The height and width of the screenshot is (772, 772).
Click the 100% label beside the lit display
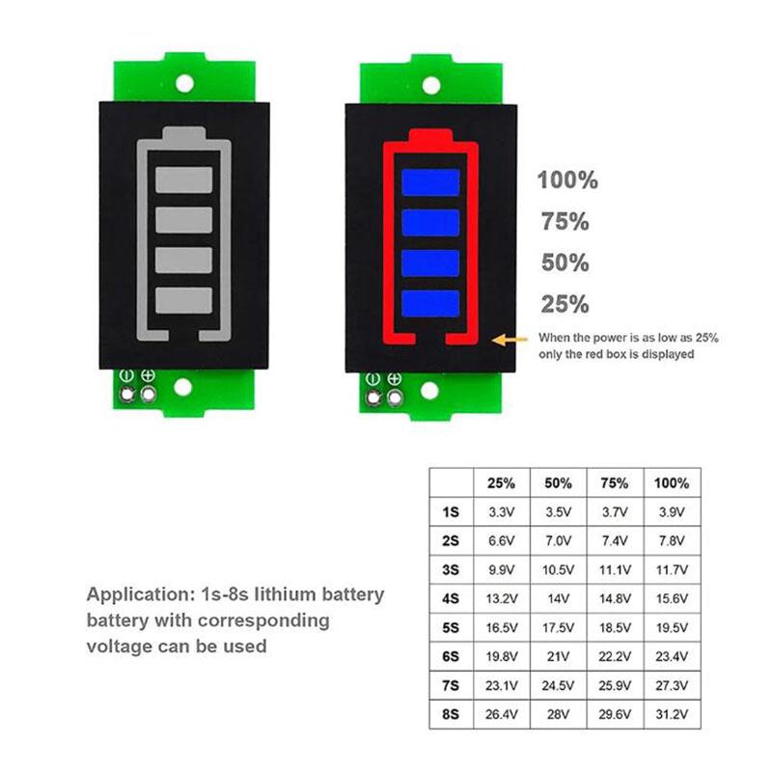[568, 179]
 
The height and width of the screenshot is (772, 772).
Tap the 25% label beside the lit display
[565, 305]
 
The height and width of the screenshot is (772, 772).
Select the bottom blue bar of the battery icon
[428, 301]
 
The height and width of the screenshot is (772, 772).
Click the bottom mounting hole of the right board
[426, 388]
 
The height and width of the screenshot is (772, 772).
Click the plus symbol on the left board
[149, 375]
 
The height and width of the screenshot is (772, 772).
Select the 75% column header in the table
[615, 482]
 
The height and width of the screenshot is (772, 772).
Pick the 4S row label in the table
[450, 598]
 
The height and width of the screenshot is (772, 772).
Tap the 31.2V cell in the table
[672, 715]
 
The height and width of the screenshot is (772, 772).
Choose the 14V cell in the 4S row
[560, 598]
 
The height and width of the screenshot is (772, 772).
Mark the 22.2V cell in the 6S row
[615, 657]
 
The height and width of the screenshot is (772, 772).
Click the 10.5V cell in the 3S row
[560, 569]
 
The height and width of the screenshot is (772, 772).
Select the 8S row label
[450, 715]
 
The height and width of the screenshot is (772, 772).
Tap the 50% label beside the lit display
[565, 263]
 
